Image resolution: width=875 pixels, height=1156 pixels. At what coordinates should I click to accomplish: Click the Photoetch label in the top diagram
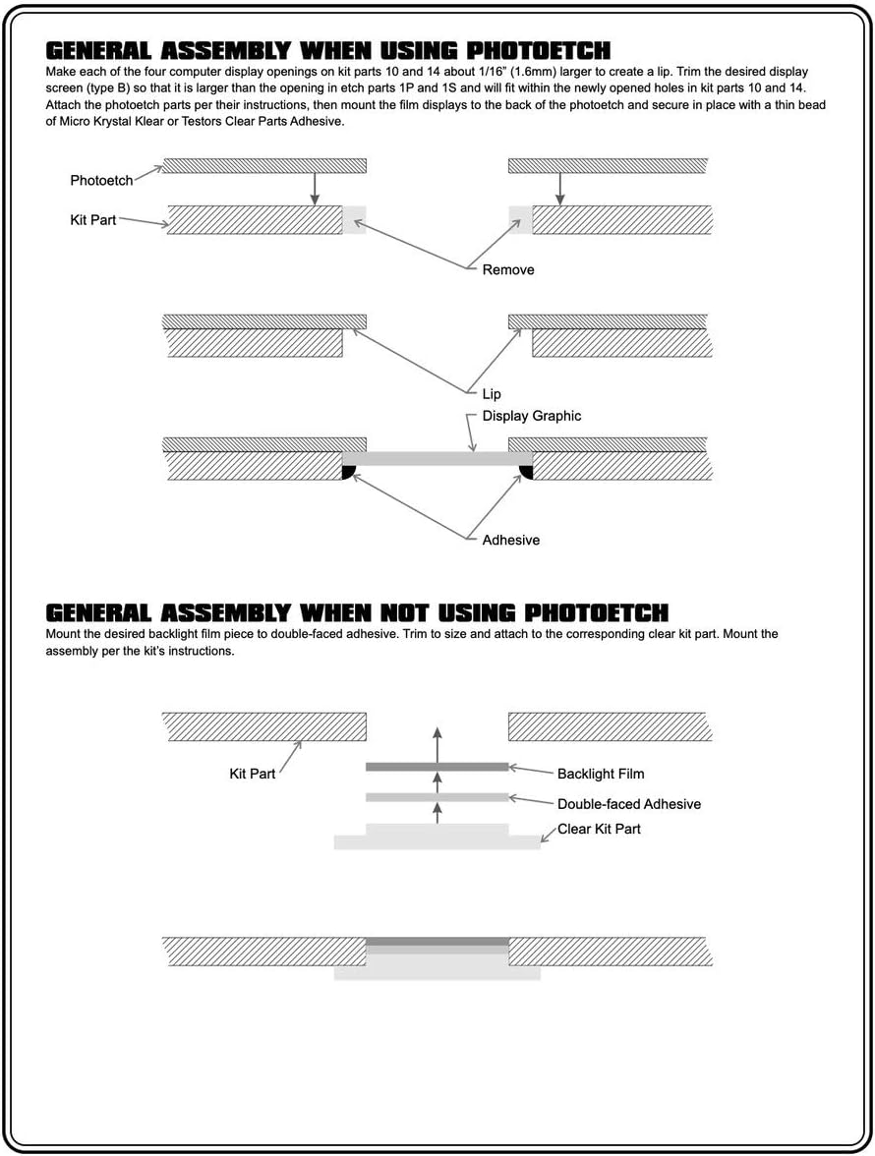coord(101,181)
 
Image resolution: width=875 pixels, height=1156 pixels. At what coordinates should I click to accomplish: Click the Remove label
coord(508,269)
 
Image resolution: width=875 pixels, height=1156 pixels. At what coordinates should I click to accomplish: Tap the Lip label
coord(492,394)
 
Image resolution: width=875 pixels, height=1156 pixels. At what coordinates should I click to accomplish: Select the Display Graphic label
coord(532,416)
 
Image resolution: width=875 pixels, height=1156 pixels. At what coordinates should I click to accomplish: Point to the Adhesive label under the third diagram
coord(511,541)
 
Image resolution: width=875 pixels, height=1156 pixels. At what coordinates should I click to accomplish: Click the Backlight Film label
coord(601,775)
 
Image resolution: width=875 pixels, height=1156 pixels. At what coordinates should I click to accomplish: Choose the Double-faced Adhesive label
coord(629,804)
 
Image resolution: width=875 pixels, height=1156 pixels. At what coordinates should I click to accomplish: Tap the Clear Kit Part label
coord(599,830)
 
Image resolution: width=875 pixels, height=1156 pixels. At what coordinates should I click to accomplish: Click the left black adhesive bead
coord(349,472)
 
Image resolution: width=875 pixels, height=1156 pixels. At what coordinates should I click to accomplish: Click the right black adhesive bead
coord(526,472)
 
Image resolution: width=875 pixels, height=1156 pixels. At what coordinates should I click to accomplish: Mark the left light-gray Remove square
coord(355,220)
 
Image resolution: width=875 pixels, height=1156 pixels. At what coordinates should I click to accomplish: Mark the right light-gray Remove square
coord(520,220)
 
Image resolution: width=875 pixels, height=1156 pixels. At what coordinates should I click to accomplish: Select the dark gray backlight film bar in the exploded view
coord(437,768)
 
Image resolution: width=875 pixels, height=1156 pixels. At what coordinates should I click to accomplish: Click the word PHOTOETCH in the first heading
coord(539,51)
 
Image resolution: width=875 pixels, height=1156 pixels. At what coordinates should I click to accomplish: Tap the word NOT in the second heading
coord(404,613)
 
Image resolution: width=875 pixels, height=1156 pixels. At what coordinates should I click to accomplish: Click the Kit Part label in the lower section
coord(252,775)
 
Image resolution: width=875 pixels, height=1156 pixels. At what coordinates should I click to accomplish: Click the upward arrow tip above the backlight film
coord(437,728)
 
